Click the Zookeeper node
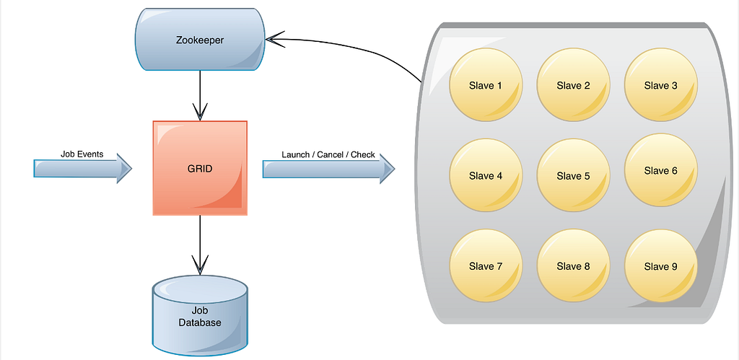coord(200,40)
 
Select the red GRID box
coord(200,168)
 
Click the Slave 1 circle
coord(485,86)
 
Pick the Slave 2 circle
coord(573,86)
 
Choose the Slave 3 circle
coord(660,86)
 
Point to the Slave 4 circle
coord(485,176)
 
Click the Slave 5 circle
coord(573,176)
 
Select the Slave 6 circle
coord(660,171)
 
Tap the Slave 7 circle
coord(485,266)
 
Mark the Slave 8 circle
coord(573,266)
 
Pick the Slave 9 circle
coord(660,266)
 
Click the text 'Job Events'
coord(82,154)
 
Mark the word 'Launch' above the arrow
coord(296,154)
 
